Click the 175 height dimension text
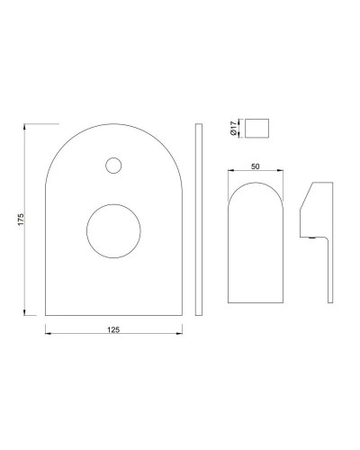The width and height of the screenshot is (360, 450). pyautogui.click(x=19, y=219)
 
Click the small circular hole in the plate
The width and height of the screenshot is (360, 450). pyautogui.click(x=113, y=165)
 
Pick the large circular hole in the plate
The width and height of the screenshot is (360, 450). pyautogui.click(x=113, y=231)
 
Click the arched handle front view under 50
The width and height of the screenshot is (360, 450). pyautogui.click(x=256, y=247)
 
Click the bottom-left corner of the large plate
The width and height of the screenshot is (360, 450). pyautogui.click(x=46, y=315)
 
